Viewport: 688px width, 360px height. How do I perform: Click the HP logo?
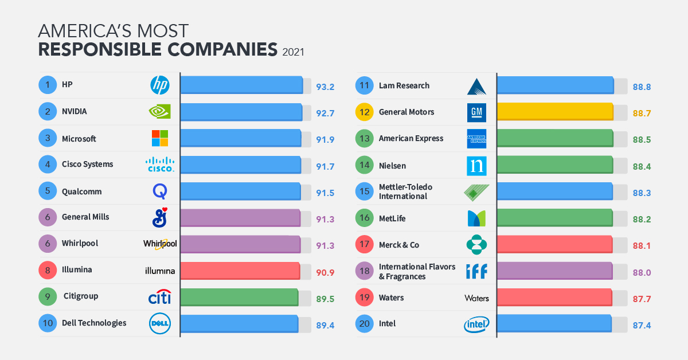click(x=160, y=85)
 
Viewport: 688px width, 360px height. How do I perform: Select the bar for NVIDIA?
click(x=241, y=112)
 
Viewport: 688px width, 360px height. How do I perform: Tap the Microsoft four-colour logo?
click(x=160, y=138)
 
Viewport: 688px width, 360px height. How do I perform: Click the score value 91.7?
click(x=325, y=165)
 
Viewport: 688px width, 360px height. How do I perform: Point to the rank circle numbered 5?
click(x=48, y=191)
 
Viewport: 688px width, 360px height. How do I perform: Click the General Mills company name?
click(x=85, y=217)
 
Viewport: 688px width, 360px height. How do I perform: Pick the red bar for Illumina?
click(x=240, y=270)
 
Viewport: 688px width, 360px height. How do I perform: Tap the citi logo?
click(x=160, y=297)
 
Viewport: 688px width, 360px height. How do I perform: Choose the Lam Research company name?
click(x=404, y=85)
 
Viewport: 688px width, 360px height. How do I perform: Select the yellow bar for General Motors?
click(x=555, y=112)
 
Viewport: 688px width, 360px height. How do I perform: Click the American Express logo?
click(x=476, y=139)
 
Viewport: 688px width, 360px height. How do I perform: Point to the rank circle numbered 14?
click(x=365, y=166)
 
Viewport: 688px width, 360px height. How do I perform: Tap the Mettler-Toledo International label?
click(x=405, y=191)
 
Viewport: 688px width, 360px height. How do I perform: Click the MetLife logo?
click(x=476, y=218)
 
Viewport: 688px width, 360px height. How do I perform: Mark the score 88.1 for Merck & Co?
click(x=642, y=245)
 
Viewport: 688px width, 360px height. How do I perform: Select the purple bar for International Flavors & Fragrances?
click(x=554, y=270)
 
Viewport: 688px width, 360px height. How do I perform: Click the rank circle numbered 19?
click(x=365, y=298)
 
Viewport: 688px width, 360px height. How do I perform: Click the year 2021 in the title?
click(x=293, y=52)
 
